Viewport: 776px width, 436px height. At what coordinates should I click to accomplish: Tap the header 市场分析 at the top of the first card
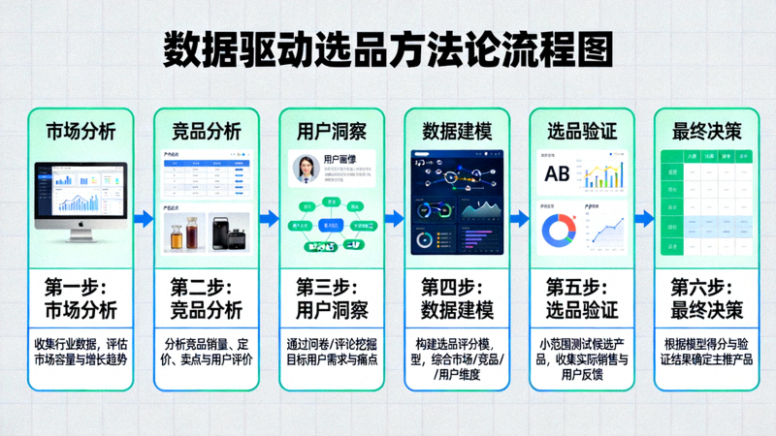tap(81, 131)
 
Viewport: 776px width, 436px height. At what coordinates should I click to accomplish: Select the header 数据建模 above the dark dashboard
tap(457, 131)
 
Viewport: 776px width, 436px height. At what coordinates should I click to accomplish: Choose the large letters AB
tap(557, 174)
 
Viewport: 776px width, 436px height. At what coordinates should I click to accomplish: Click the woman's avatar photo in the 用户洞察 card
tap(307, 170)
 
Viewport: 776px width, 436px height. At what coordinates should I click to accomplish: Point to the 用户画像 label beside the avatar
tap(342, 159)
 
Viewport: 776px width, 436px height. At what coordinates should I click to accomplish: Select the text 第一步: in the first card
tap(81, 288)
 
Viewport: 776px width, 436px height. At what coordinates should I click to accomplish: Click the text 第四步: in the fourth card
tap(457, 288)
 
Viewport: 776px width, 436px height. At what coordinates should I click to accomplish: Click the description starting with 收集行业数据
tap(81, 351)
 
